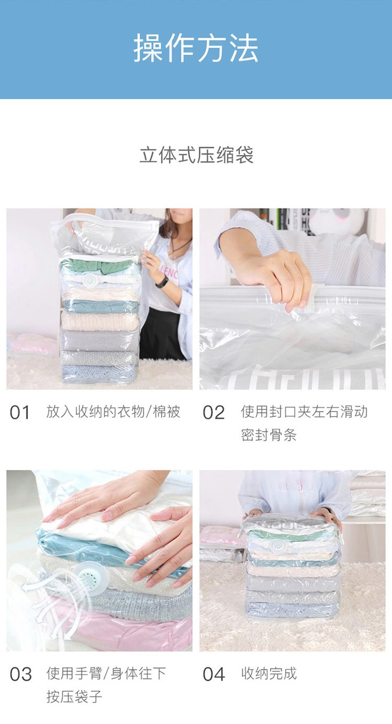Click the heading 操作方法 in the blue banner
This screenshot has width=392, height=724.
196,49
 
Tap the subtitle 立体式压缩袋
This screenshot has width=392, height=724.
197,155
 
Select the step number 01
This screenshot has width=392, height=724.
20,413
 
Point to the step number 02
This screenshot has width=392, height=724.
213,413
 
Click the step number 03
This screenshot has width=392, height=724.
20,675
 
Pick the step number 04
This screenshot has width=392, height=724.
214,675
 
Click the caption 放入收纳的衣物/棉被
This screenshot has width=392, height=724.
113,412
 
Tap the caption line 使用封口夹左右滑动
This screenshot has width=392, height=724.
304,412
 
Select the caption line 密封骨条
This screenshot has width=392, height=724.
268,435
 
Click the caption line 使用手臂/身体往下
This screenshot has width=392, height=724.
106,673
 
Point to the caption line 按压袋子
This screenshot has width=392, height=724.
74,697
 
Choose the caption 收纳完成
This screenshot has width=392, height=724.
269,673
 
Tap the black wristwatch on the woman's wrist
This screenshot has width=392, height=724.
162,282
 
